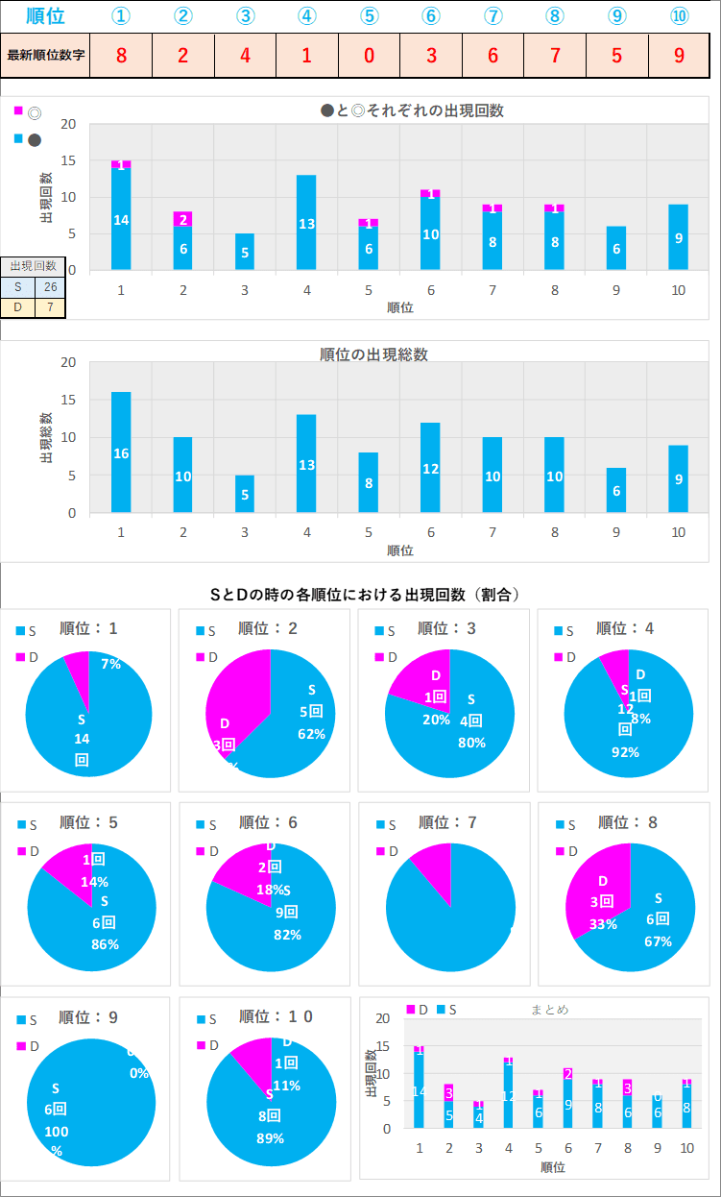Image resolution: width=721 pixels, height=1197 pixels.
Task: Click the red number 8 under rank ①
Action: [121, 55]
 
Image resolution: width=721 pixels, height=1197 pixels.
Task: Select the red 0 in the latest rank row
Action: [370, 55]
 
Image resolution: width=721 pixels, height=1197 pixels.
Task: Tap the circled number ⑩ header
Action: [679, 16]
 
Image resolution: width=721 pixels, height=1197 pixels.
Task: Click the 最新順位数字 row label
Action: [45, 55]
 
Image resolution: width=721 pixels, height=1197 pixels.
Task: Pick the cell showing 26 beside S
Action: [50, 286]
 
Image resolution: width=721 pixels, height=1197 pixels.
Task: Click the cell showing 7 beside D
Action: [50, 307]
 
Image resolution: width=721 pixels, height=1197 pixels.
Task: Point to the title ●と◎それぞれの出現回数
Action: [413, 110]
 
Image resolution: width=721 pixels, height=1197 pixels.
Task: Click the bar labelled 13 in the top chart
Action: [306, 222]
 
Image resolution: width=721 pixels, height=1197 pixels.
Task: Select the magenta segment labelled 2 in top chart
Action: [182, 219]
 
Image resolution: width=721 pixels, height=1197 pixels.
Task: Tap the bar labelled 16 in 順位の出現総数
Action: [121, 452]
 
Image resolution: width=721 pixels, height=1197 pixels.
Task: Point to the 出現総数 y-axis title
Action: [46, 438]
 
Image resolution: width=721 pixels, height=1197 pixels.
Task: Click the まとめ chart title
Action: [549, 1009]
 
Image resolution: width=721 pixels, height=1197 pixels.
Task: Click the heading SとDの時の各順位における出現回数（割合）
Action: [365, 595]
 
